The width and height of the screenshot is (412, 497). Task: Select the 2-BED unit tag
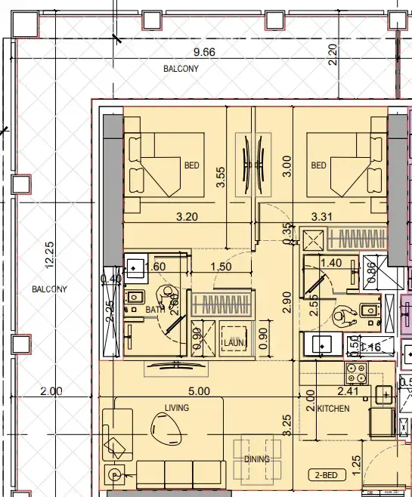click(x=327, y=475)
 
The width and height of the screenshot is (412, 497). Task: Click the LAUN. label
click(x=231, y=342)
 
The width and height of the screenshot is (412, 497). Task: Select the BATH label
click(x=155, y=310)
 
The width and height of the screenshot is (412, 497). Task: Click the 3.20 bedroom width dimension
click(x=187, y=217)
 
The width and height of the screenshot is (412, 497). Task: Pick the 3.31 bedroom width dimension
click(x=323, y=217)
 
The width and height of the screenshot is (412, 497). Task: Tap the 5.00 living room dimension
click(x=199, y=391)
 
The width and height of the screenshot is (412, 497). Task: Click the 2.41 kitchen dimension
click(x=348, y=391)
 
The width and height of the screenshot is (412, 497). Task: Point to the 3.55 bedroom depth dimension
click(x=221, y=177)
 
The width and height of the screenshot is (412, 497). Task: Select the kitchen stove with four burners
click(x=355, y=372)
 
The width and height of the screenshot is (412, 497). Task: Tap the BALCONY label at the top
click(x=181, y=69)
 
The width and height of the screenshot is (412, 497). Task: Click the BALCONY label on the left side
click(x=49, y=289)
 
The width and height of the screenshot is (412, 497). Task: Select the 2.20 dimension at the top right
click(x=333, y=54)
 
